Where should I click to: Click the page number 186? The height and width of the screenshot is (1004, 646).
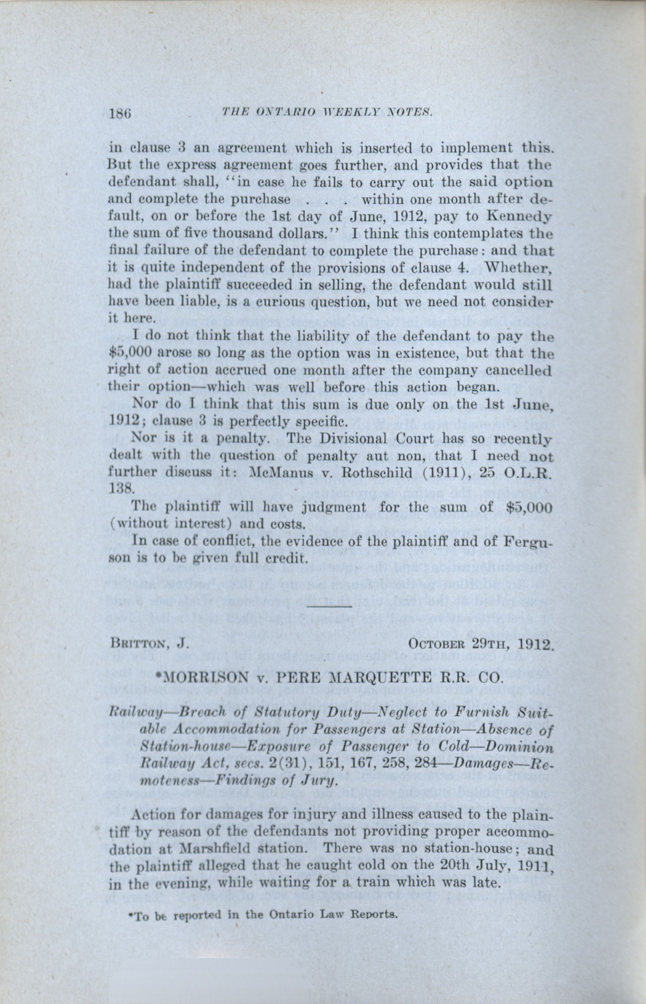tap(120, 114)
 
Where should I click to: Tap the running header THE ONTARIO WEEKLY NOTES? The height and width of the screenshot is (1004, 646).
tap(328, 112)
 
